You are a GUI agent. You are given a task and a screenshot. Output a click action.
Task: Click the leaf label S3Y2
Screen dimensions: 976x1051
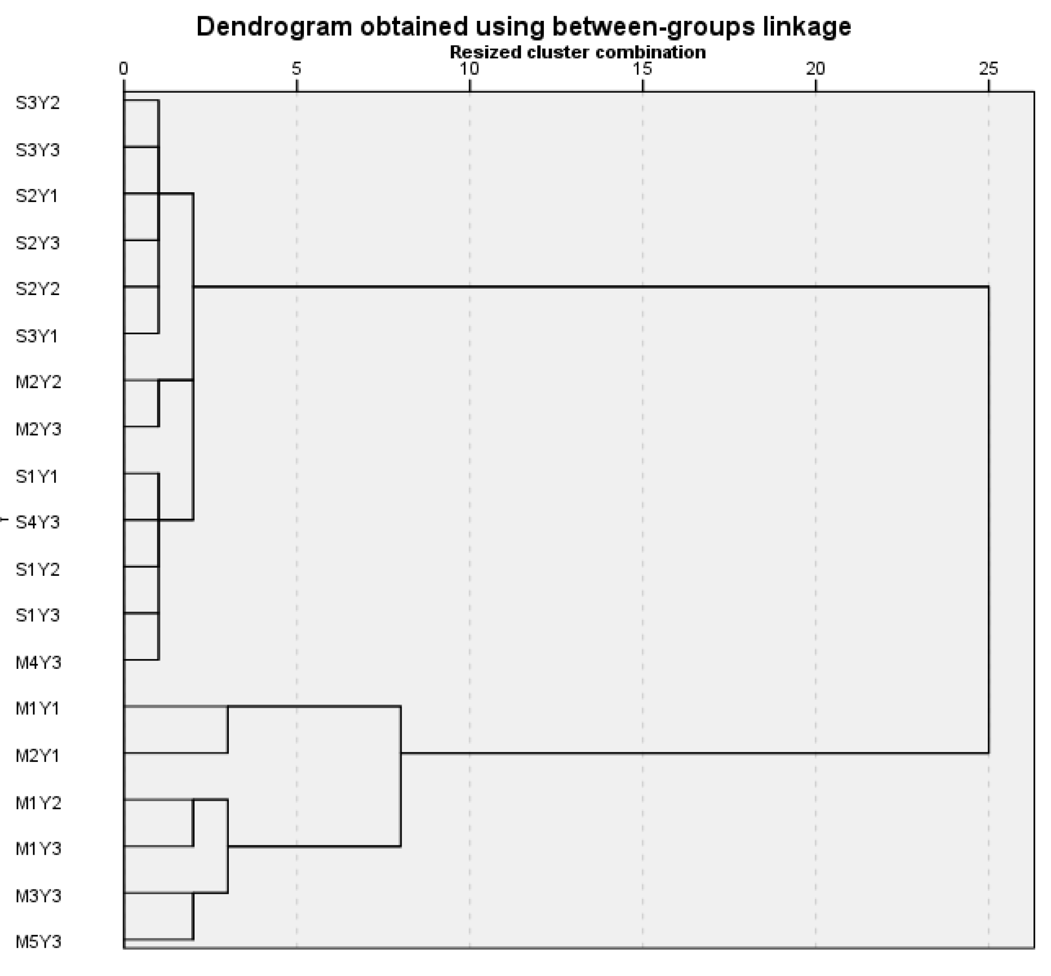pos(38,103)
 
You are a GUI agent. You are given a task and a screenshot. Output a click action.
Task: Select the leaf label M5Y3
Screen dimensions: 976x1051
pos(38,942)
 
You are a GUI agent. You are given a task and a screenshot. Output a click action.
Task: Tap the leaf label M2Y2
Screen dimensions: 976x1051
pos(38,382)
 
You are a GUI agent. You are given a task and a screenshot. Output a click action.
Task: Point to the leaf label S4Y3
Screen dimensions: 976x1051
pos(38,523)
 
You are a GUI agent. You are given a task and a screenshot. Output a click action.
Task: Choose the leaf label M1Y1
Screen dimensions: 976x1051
pos(38,708)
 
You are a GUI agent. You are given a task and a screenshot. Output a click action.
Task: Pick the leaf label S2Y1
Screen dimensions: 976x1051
pos(37,196)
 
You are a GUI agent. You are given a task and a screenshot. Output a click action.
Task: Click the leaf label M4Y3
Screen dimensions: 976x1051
pos(38,662)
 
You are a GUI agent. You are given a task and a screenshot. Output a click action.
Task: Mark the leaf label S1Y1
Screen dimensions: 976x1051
pos(37,476)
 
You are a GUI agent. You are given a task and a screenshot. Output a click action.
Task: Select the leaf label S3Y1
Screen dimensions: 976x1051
pos(37,336)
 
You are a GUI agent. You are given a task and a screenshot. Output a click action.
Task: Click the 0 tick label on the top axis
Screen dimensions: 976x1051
pos(124,69)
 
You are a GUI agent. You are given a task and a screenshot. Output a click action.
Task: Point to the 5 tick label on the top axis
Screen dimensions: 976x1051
pos(297,69)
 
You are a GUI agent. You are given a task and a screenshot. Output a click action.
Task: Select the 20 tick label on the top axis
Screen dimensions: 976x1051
pos(815,69)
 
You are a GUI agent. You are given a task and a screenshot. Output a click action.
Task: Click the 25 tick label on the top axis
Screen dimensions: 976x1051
pos(988,69)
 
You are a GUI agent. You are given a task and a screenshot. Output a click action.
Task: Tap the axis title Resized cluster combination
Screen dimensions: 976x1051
pos(577,52)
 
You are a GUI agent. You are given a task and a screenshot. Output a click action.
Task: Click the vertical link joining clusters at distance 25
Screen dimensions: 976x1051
pos(988,520)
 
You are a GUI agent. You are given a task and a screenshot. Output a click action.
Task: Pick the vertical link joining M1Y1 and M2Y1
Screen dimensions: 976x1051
pos(227,729)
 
